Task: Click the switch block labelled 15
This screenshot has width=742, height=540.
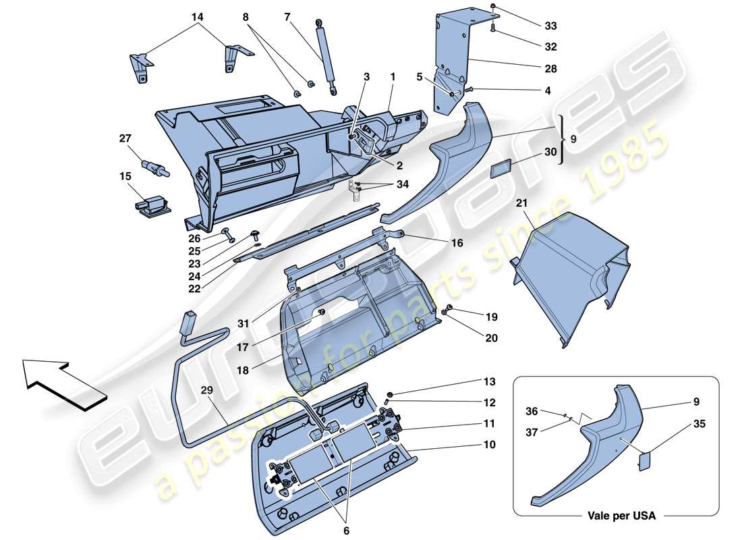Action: (x=152, y=203)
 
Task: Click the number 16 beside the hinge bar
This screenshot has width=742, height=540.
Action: (x=457, y=242)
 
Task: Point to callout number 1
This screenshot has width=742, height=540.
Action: (x=392, y=77)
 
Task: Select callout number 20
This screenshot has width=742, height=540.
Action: (x=490, y=338)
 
